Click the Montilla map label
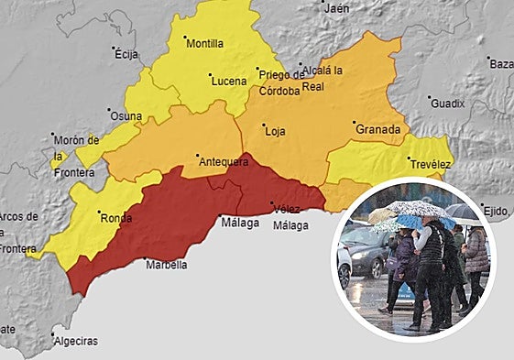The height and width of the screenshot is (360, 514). point(204,43)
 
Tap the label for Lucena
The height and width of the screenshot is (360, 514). point(229,81)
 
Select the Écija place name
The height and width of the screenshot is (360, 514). point(126,55)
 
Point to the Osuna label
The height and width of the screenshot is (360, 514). point(126,116)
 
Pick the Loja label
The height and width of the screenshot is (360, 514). point(275,131)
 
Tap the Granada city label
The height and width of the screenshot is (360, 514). point(377,129)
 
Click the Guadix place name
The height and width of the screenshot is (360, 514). point(448,104)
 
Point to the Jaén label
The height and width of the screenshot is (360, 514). point(337,8)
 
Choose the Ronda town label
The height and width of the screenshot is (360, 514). point(115,218)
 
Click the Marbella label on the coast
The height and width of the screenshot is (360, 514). point(166,265)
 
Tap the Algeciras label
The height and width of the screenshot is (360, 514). point(76,342)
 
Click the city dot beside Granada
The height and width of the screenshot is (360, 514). point(354,122)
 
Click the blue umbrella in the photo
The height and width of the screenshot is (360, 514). point(406,222)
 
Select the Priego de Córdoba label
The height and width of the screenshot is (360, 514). point(279,82)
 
